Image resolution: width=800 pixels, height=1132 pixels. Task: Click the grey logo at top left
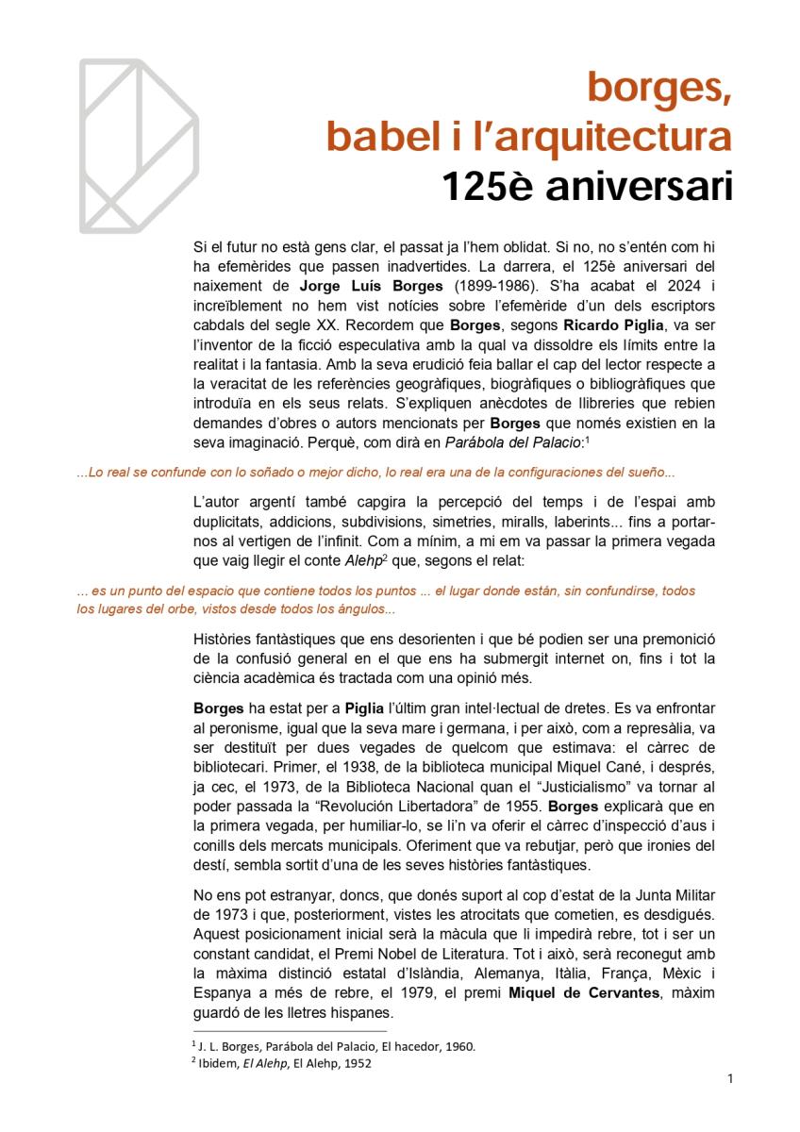(x=138, y=145)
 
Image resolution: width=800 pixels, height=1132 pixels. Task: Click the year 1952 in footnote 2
(x=355, y=1063)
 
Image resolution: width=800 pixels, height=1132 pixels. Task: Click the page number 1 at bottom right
(x=731, y=1078)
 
